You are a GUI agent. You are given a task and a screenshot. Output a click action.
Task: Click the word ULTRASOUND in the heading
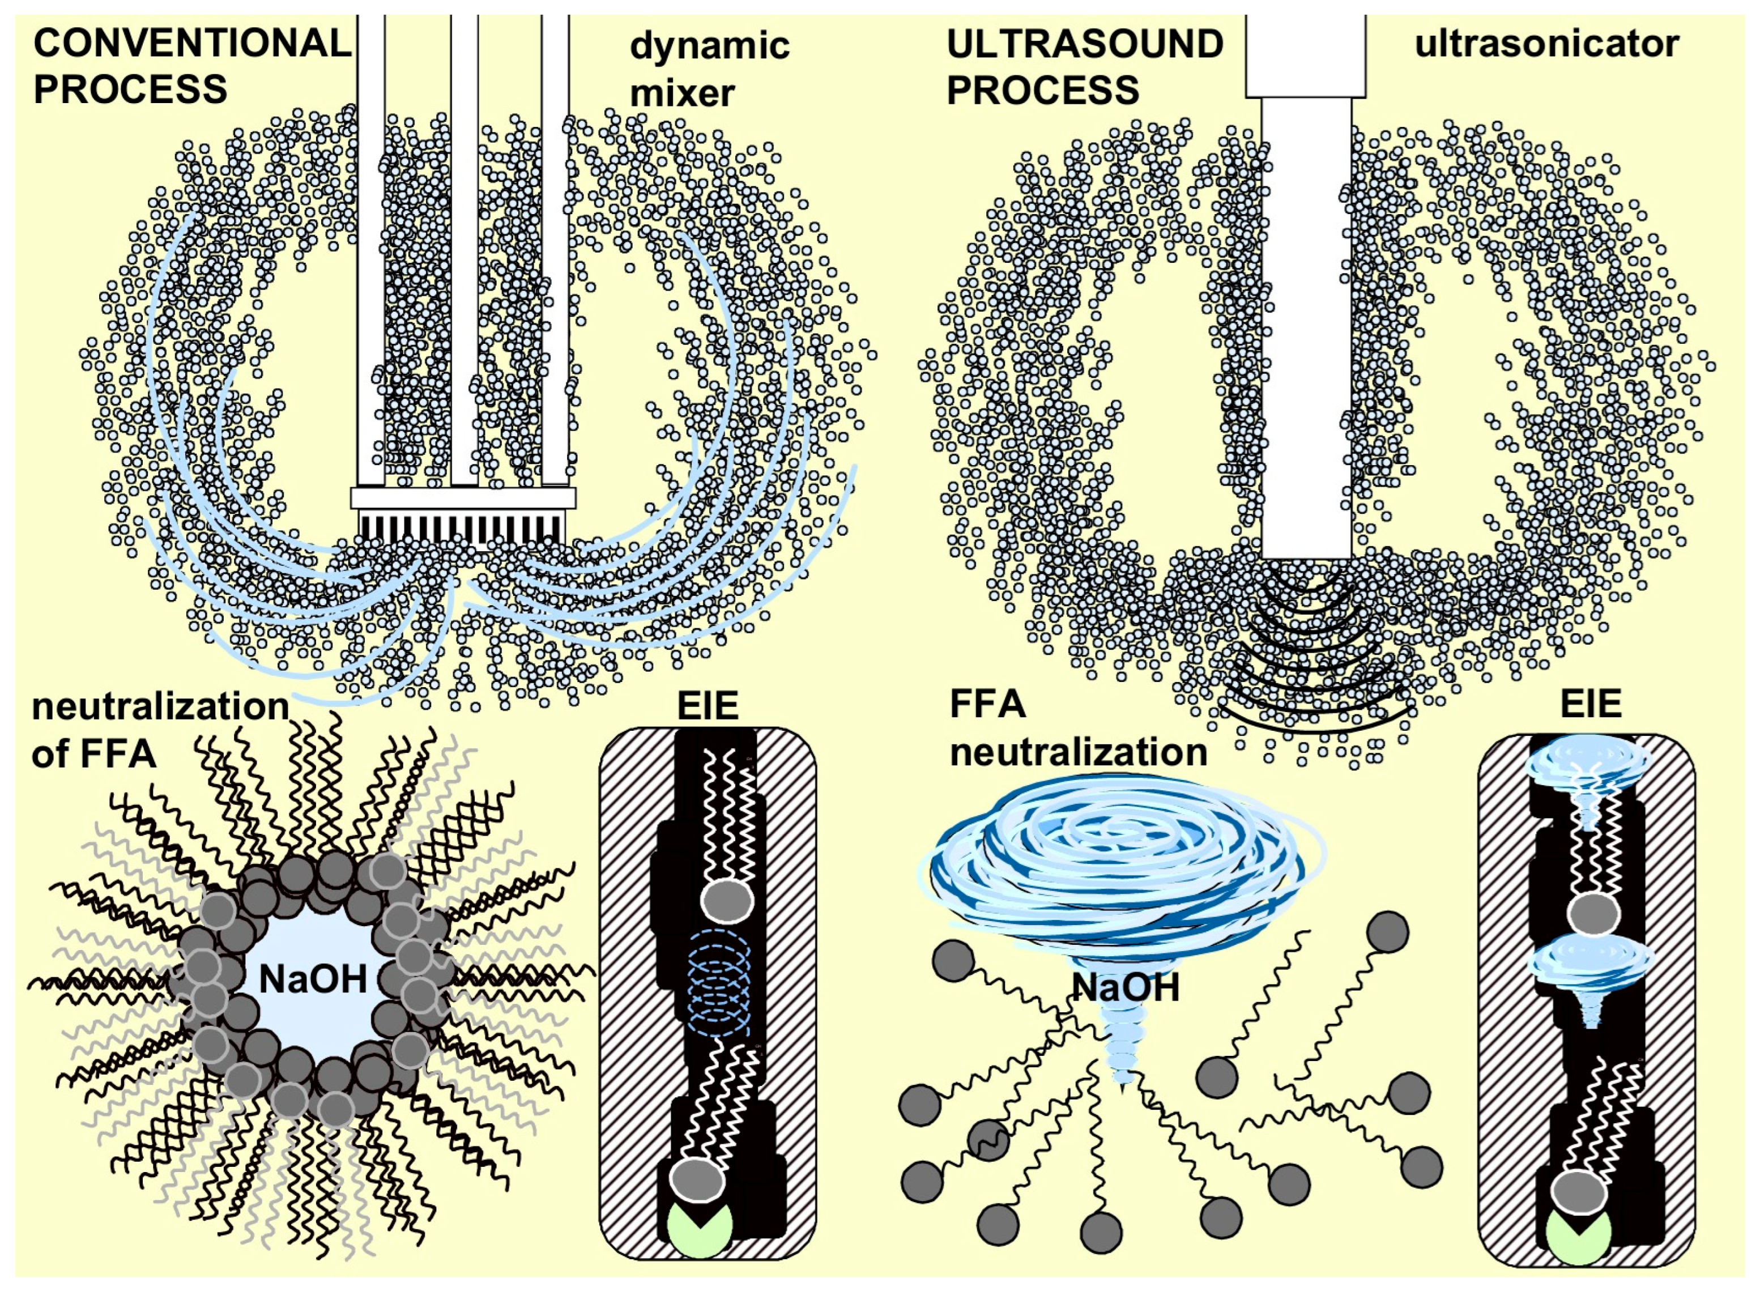pos(1085,44)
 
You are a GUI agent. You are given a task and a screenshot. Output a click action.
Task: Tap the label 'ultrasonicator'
pos(1546,44)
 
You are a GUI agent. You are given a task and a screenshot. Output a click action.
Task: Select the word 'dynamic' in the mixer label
pos(710,46)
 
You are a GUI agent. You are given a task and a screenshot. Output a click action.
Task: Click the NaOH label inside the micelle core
pos(313,978)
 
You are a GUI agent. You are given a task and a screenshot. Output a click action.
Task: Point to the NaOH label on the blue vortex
pos(1126,988)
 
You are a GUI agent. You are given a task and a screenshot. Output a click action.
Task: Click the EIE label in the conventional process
pos(708,706)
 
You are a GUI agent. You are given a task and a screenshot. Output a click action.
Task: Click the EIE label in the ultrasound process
pos(1591,704)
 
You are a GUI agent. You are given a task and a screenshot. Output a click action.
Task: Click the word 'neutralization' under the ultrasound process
pos(1079,752)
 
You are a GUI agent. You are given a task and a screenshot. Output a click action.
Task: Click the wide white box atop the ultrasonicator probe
pos(1305,55)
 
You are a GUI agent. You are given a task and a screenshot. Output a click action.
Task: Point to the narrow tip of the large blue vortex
pos(1123,1075)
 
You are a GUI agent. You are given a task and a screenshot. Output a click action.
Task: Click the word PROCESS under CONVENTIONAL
pos(130,89)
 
